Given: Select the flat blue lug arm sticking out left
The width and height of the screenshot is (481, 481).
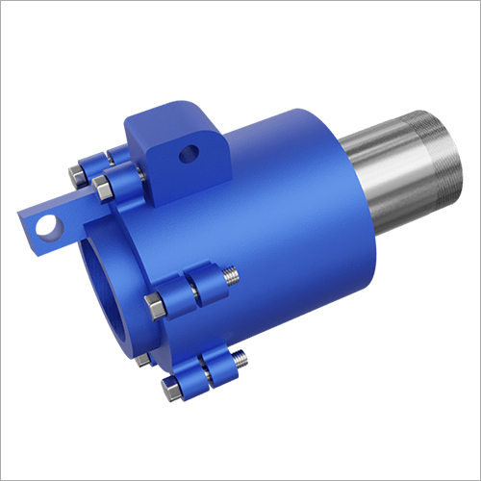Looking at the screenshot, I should click(x=53, y=219).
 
